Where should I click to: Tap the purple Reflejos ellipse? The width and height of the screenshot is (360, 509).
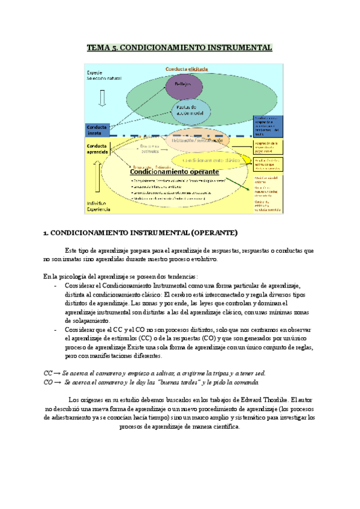(x=182, y=85)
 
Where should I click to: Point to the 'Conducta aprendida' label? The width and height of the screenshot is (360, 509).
(x=97, y=149)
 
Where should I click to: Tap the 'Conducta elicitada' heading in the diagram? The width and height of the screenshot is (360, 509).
(x=187, y=69)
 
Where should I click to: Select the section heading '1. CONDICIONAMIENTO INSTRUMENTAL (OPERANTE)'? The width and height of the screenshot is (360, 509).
(x=140, y=233)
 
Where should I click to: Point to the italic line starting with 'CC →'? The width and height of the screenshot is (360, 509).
(x=154, y=373)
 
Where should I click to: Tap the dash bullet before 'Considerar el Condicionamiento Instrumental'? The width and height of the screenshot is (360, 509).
(x=55, y=285)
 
